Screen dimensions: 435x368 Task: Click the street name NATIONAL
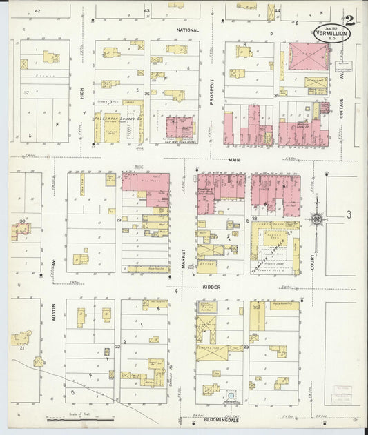[187, 30]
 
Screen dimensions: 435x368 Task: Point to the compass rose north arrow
[317, 219]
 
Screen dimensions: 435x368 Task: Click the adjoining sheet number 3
[349, 215]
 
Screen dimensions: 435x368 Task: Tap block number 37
[26, 93]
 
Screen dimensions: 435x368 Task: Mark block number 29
[119, 219]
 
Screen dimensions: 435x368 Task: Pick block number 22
[117, 347]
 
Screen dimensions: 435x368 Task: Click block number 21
[22, 348]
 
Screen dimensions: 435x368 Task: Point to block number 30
[22, 221]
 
